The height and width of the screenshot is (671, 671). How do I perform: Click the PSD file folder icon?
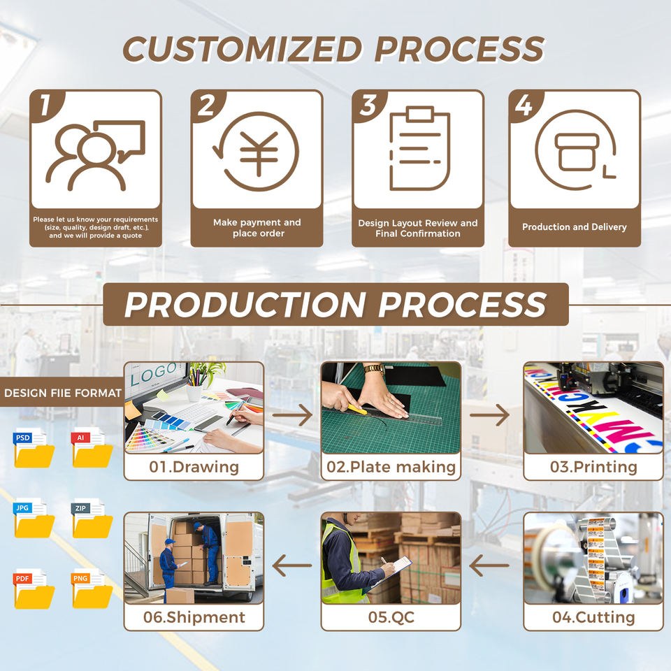(34, 448)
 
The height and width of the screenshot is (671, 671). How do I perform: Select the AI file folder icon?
(92, 448)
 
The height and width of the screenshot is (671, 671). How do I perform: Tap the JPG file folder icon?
(34, 518)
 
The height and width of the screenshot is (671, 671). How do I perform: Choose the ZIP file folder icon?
(92, 518)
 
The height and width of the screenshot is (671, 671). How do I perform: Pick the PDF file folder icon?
(34, 589)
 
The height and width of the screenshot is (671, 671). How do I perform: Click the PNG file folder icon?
(92, 589)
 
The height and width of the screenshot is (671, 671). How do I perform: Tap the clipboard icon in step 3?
(419, 148)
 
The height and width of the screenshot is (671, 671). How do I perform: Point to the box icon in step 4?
(577, 152)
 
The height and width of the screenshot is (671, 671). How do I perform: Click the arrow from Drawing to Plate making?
(292, 414)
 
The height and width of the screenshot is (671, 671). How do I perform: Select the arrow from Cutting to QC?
(489, 565)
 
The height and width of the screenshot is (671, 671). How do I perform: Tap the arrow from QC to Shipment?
(292, 565)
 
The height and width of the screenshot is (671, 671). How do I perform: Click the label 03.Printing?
(593, 467)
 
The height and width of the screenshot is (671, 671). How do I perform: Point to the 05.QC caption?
(391, 617)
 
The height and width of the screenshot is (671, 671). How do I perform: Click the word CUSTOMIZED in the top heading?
(243, 49)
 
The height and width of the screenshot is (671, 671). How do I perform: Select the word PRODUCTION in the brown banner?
(245, 305)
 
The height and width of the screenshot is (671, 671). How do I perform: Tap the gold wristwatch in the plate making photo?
(375, 369)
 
